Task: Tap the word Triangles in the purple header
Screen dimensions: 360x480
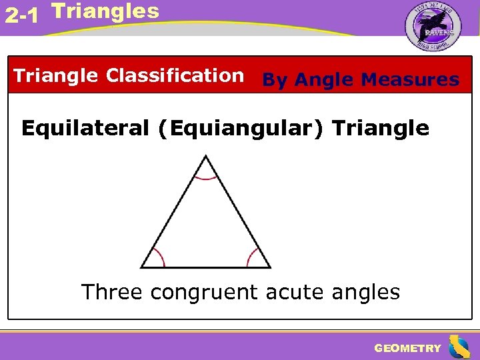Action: point(105,11)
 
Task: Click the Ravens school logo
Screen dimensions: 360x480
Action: point(433,27)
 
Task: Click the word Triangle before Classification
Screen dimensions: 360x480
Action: point(56,76)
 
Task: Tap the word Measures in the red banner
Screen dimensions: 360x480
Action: point(409,81)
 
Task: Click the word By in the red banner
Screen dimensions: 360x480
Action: point(275,81)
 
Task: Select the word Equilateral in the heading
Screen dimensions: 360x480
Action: point(85,128)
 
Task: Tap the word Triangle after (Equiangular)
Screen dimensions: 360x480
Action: point(380,128)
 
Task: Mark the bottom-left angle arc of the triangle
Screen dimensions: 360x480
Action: point(158,256)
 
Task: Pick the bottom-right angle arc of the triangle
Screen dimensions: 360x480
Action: point(253,256)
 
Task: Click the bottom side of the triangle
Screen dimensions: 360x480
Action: point(205,267)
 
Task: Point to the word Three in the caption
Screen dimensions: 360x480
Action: point(111,292)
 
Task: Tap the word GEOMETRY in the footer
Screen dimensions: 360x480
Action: point(407,348)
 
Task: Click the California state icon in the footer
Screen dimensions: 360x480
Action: point(459,347)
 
